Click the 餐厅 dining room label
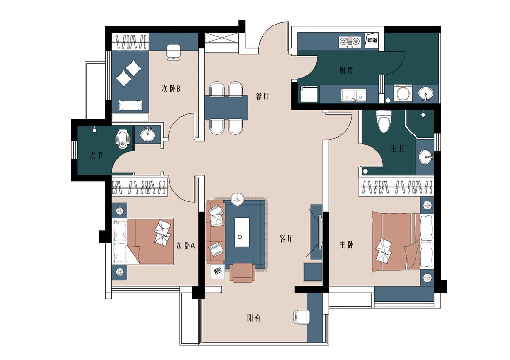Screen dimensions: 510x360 [x=263, y=97]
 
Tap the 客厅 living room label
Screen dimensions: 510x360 [x=286, y=238]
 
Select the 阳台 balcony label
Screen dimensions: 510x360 [x=254, y=318]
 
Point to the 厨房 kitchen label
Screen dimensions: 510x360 [x=347, y=70]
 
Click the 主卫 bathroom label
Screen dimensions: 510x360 [x=398, y=149]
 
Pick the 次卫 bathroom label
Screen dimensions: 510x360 [x=96, y=156]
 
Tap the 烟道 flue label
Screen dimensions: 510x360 [x=373, y=40]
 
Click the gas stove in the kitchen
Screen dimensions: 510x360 [x=349, y=42]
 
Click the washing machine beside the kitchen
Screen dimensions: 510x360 [x=403, y=93]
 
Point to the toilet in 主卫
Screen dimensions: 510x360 [x=383, y=121]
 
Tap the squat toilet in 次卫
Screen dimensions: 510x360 [x=123, y=139]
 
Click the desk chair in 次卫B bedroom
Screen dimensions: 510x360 [x=173, y=53]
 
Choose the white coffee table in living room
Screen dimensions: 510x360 [x=242, y=232]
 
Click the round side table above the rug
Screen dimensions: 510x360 [x=238, y=199]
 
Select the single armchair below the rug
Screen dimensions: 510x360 [x=242, y=272]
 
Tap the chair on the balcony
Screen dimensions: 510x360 [x=301, y=317]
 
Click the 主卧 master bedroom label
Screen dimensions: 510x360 [x=347, y=244]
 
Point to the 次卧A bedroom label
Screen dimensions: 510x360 [x=186, y=245]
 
